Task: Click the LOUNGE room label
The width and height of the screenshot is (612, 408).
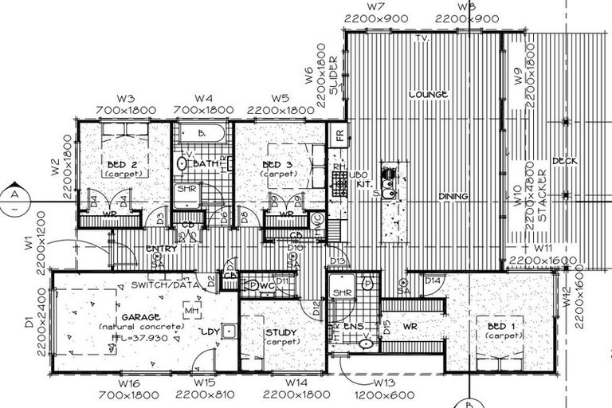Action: (x=428, y=95)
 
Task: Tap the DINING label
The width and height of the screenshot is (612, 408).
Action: (x=452, y=196)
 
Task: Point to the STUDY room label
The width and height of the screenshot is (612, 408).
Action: (x=283, y=331)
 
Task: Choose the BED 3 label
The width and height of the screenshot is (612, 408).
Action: (x=279, y=166)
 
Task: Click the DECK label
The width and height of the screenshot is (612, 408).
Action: (x=564, y=162)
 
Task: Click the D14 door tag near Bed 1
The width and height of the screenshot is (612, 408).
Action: (x=433, y=280)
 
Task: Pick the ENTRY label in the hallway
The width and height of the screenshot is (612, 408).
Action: (x=162, y=249)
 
